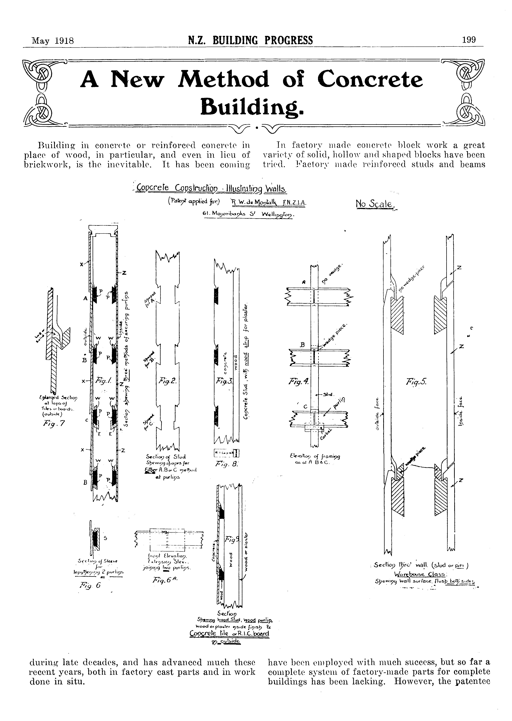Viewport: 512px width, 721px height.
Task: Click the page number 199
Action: point(469,40)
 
